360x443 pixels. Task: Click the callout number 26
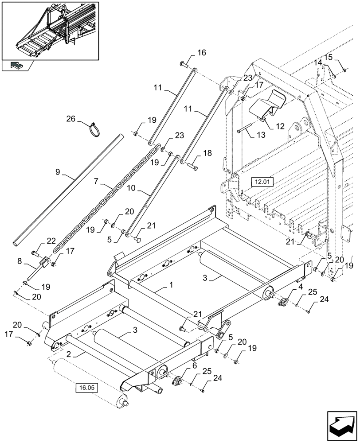tap(71, 119)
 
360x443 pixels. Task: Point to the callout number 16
tap(202, 53)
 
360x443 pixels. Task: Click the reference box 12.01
tap(263, 182)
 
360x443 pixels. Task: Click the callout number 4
tap(301, 287)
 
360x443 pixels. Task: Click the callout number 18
tap(207, 153)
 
